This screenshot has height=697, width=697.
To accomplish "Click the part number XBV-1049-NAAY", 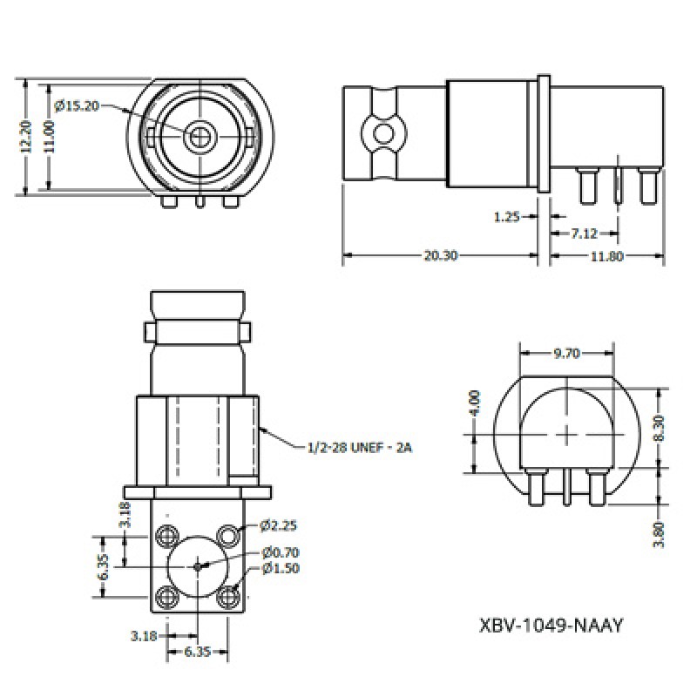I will coord(552,625).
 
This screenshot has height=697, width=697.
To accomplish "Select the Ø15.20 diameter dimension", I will coord(77,105).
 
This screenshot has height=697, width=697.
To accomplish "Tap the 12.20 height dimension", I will coord(27,138).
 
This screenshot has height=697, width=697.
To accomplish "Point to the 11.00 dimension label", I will coord(49,138).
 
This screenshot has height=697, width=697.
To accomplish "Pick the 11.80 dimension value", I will coord(608,256).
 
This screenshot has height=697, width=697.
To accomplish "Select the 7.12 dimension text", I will coord(584,234).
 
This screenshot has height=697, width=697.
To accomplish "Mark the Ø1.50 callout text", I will coord(279,570).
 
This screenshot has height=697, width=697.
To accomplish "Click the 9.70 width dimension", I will coord(568,353).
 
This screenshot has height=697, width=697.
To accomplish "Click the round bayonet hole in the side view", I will coord(381,134).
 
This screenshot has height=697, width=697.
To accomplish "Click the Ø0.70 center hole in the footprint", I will coord(198,565).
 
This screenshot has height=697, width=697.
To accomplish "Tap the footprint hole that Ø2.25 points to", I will coord(228,532).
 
